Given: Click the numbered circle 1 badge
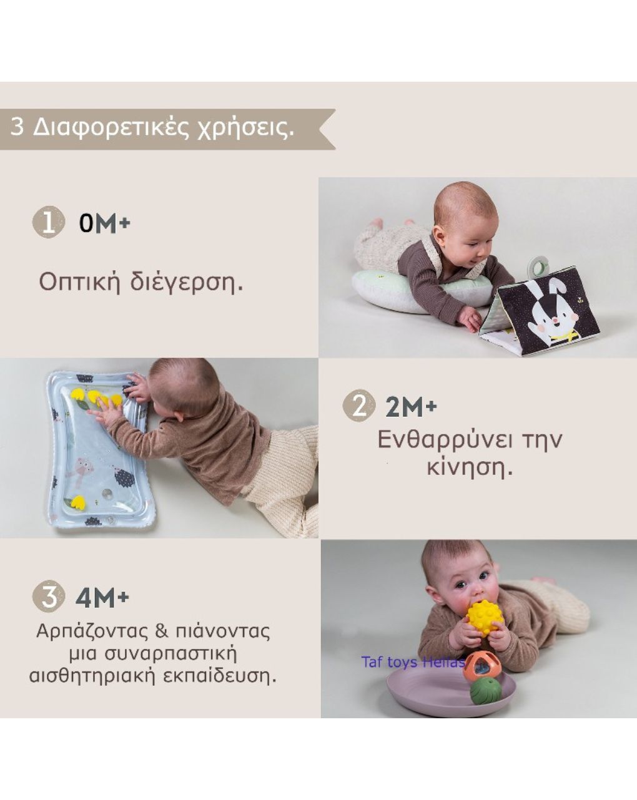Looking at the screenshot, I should [48, 222].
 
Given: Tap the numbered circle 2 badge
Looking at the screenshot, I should [359, 406].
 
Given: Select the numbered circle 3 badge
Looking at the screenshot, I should [48, 597].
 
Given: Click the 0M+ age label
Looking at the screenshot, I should [104, 223].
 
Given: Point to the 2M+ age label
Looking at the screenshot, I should [411, 407].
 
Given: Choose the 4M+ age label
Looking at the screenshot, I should [102, 598].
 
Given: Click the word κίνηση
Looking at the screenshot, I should [470, 467].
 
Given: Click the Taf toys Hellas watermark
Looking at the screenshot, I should [412, 662].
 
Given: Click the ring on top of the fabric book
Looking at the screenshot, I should [538, 267].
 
